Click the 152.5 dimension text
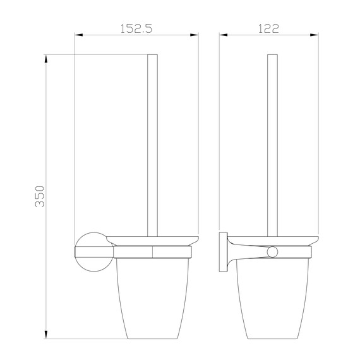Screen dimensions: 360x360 tap(137, 28)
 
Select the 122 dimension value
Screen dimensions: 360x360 tap(269, 28)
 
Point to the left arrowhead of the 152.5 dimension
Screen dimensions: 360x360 tap(78, 35)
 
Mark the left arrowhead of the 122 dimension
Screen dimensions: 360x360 tap(222, 35)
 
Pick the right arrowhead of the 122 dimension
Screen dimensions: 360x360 tap(315, 35)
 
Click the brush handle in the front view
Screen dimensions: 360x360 tap(152, 145)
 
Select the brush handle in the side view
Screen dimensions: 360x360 tap(272, 145)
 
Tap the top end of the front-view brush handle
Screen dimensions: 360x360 tap(152, 57)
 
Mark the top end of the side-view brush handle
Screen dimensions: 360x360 tap(272, 57)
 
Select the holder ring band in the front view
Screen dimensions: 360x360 tap(152, 252)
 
